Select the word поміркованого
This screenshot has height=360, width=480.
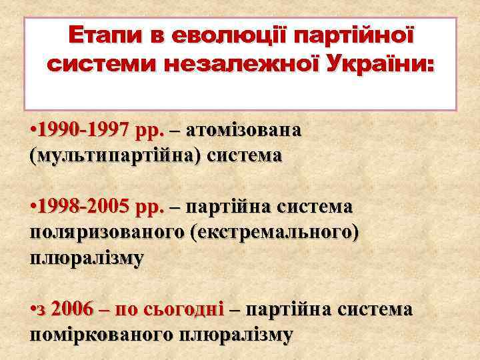pos(102,335)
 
